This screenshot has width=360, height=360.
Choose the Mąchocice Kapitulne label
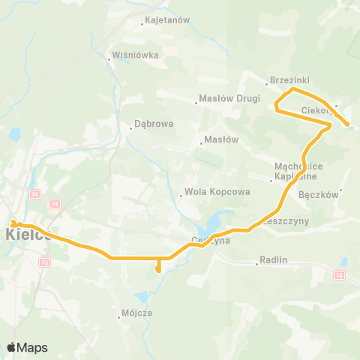(x=298, y=173)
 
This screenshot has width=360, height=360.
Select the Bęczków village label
(x=319, y=193)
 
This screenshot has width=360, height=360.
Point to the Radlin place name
(x=273, y=260)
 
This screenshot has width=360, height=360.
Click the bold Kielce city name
(x=28, y=234)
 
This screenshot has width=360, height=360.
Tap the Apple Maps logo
(x=27, y=347)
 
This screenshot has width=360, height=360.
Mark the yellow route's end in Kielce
(x=13, y=222)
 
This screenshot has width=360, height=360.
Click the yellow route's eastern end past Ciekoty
(x=348, y=124)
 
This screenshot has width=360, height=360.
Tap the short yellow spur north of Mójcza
(x=157, y=267)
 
